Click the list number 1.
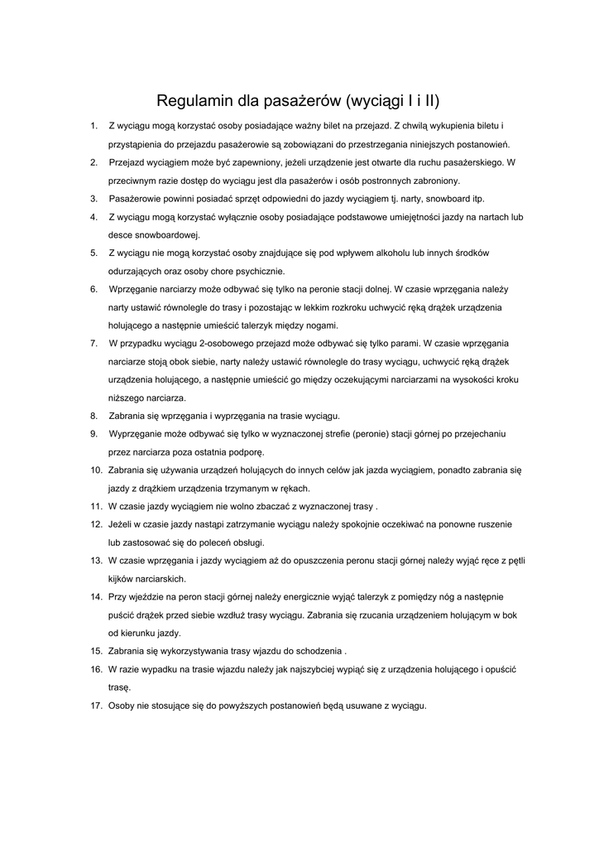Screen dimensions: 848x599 click(93, 126)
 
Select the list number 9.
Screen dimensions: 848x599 click(93, 434)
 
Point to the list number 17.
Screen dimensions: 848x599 click(96, 706)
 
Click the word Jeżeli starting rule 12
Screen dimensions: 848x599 click(122, 524)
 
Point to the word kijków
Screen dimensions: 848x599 click(121, 579)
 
